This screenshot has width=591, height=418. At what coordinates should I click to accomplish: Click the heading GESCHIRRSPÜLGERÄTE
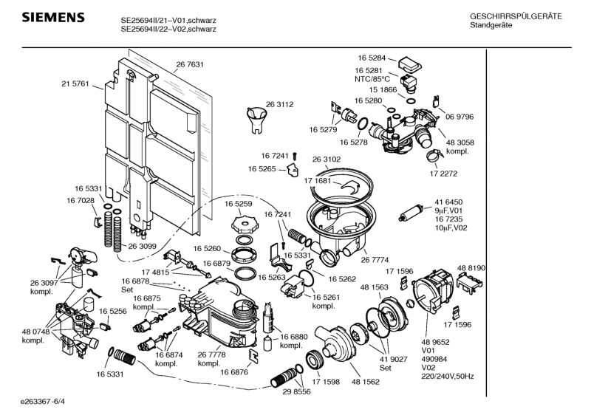[516, 16]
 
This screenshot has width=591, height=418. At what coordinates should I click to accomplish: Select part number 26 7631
[190, 65]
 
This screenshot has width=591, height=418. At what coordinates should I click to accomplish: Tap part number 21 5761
[75, 84]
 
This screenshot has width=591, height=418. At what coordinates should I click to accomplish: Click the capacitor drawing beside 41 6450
[408, 215]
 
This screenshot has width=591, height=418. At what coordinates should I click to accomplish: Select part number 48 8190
[471, 267]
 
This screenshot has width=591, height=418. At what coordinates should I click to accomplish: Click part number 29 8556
[297, 392]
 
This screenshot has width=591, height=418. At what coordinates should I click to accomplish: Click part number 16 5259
[228, 203]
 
